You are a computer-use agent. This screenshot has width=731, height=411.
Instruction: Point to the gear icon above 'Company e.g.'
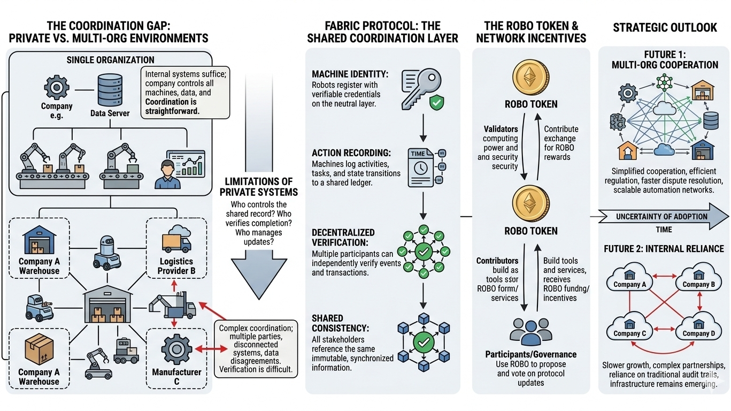tap(56, 86)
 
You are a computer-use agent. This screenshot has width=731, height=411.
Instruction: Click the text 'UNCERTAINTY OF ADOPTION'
tap(661, 216)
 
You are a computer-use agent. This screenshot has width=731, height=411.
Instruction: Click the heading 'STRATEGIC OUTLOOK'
tap(665, 27)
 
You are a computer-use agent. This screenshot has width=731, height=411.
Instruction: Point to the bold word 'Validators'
tap(501, 129)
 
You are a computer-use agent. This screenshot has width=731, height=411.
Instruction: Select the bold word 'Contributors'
tap(497, 261)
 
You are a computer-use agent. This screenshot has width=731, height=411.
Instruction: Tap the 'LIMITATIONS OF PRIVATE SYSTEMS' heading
tap(258, 187)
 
